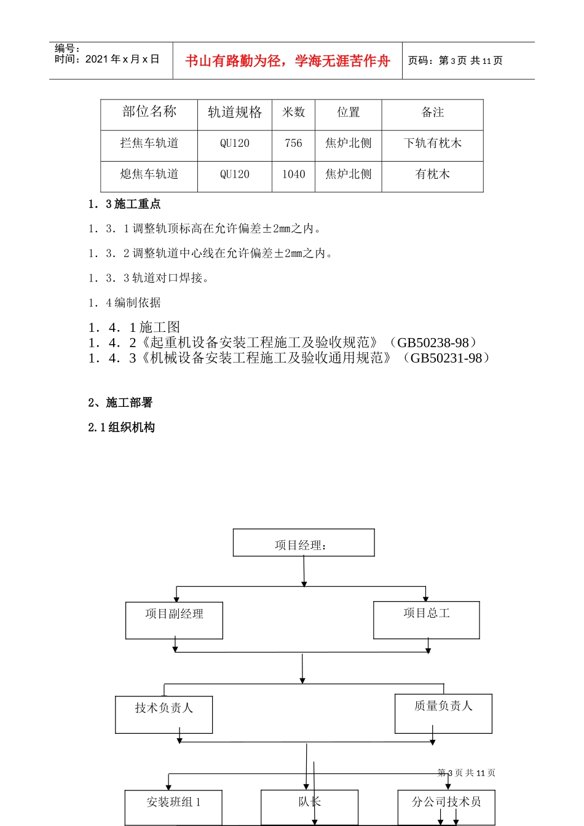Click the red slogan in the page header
(x=287, y=61)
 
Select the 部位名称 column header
(x=149, y=112)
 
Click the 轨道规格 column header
(x=235, y=112)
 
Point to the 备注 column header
(x=432, y=112)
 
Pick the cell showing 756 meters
(x=293, y=143)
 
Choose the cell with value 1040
(x=293, y=175)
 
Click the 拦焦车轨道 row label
(x=149, y=143)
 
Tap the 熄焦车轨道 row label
(x=149, y=175)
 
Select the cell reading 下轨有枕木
(x=432, y=143)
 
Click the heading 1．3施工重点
(x=124, y=204)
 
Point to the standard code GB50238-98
(x=433, y=343)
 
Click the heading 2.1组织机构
(x=121, y=427)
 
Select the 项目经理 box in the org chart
(x=303, y=543)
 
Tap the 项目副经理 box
(x=174, y=619)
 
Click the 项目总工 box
(x=426, y=619)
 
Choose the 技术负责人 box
(x=164, y=714)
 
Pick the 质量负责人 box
(x=443, y=712)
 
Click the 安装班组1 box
(x=173, y=806)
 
